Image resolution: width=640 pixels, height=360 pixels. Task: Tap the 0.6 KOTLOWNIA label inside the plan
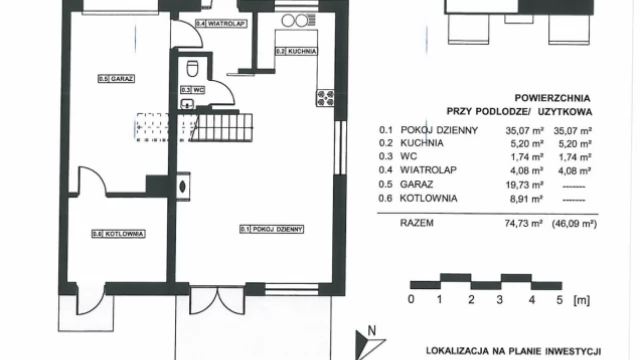coord(119,234)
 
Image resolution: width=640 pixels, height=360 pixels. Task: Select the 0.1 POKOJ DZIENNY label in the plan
coord(272,229)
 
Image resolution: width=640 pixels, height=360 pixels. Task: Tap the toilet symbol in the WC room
coord(192,69)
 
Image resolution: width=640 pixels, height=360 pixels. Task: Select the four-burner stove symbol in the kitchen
coord(325,97)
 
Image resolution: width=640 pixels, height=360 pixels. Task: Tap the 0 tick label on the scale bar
coord(411,299)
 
